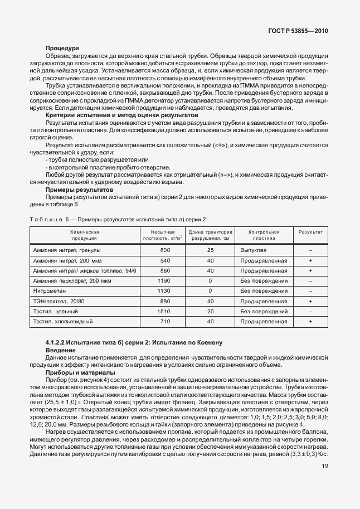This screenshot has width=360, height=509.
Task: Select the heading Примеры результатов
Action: pyautogui.click(x=75, y=189)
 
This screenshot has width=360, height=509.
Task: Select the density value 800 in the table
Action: pyautogui.click(x=165, y=250)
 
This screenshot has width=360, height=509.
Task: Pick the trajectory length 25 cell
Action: pyautogui.click(x=210, y=250)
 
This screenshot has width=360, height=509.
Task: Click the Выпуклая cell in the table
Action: pyautogui.click(x=254, y=250)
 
